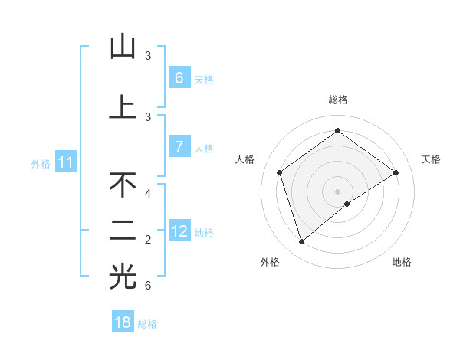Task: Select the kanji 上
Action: point(123,107)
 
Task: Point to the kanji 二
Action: point(123,231)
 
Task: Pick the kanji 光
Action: point(123,277)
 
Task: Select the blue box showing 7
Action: point(179,147)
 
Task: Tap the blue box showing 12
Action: point(179,231)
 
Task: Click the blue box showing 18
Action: point(123,322)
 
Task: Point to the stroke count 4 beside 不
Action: point(148,194)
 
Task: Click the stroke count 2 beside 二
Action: point(148,240)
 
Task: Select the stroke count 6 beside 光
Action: point(148,286)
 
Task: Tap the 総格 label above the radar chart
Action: point(338,100)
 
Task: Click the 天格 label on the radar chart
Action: point(431,159)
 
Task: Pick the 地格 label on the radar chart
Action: point(402,262)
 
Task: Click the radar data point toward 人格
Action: point(280,172)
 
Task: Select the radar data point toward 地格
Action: point(347,204)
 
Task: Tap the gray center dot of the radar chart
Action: point(338,191)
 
